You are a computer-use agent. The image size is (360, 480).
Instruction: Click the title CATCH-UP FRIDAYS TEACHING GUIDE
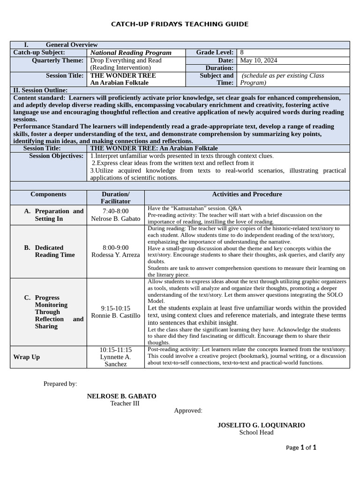180,24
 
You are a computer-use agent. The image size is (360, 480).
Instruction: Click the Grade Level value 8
242,52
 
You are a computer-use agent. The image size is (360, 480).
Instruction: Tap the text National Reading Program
131,53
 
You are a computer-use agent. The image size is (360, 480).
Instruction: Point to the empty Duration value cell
293,68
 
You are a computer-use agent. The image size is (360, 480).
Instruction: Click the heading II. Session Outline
40,90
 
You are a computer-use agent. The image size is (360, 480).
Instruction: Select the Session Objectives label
56,156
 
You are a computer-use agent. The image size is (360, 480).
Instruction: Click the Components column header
48,194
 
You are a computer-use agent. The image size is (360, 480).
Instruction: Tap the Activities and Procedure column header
247,194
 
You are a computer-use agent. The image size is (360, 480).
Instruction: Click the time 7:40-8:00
115,211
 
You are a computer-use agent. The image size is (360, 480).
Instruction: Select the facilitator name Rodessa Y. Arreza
115,255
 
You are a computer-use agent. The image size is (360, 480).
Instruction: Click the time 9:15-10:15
115,308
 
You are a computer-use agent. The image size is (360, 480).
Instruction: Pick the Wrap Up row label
27,357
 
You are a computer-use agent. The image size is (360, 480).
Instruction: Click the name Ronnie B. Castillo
115,315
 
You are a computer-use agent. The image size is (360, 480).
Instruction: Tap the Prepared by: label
60,383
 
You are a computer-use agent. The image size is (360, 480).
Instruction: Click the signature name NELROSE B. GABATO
121,396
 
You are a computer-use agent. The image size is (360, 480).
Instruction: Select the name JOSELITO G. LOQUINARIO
261,425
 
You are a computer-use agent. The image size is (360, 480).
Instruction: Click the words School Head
256,432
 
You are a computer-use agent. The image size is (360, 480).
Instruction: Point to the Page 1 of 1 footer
301,447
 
